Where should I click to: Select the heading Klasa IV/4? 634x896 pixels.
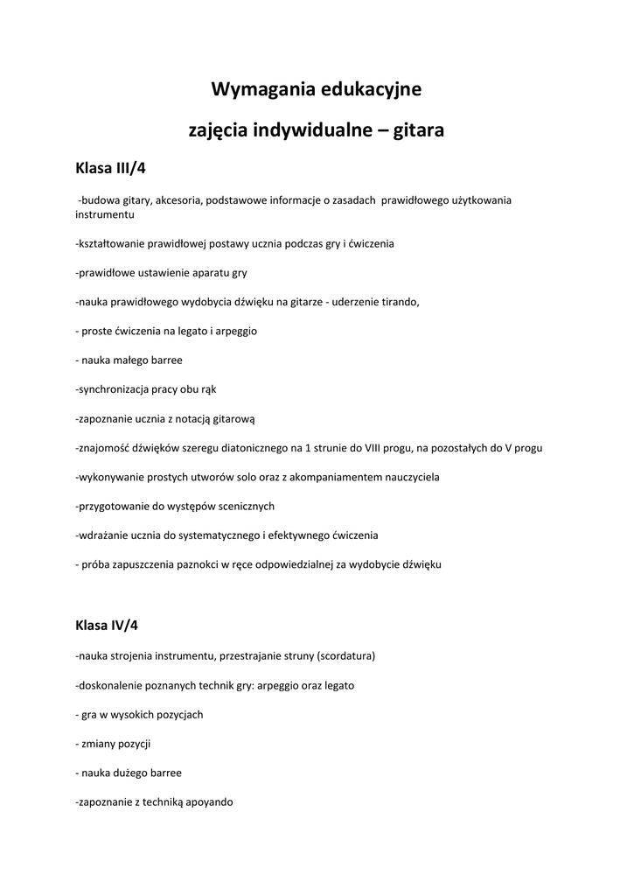pos(107,626)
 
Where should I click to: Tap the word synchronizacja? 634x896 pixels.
pos(115,389)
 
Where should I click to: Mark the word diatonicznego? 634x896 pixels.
pos(242,448)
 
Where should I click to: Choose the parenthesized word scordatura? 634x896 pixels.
pos(345,655)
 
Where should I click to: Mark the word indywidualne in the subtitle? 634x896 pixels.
pos(305,130)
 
